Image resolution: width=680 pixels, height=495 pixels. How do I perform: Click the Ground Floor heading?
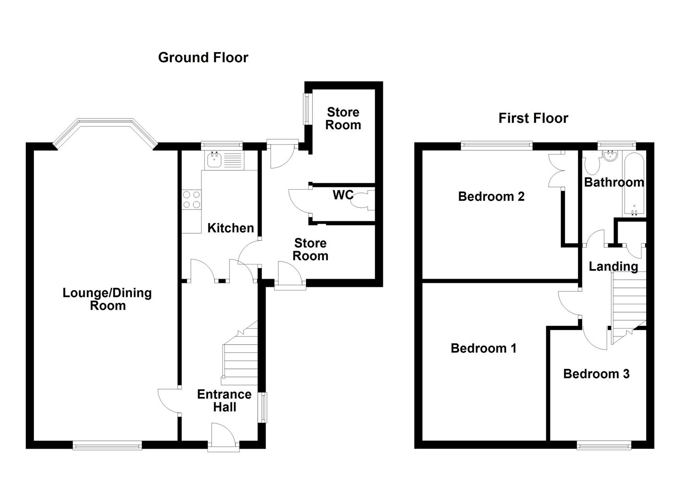click(x=203, y=58)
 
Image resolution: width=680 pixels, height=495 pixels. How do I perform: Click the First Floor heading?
click(x=533, y=118)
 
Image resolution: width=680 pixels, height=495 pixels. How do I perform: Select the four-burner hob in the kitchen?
click(x=191, y=199)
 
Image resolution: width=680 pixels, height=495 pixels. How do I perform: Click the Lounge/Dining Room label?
click(x=107, y=299)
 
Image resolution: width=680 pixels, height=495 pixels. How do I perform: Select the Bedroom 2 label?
click(x=491, y=197)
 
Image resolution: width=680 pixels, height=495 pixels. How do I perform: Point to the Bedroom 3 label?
click(x=596, y=374)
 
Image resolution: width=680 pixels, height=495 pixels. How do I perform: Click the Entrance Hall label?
click(x=224, y=401)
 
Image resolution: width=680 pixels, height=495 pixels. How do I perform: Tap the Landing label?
click(x=613, y=266)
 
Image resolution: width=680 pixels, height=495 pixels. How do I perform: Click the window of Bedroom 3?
click(x=604, y=445)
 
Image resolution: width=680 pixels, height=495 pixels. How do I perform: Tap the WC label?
click(x=343, y=195)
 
